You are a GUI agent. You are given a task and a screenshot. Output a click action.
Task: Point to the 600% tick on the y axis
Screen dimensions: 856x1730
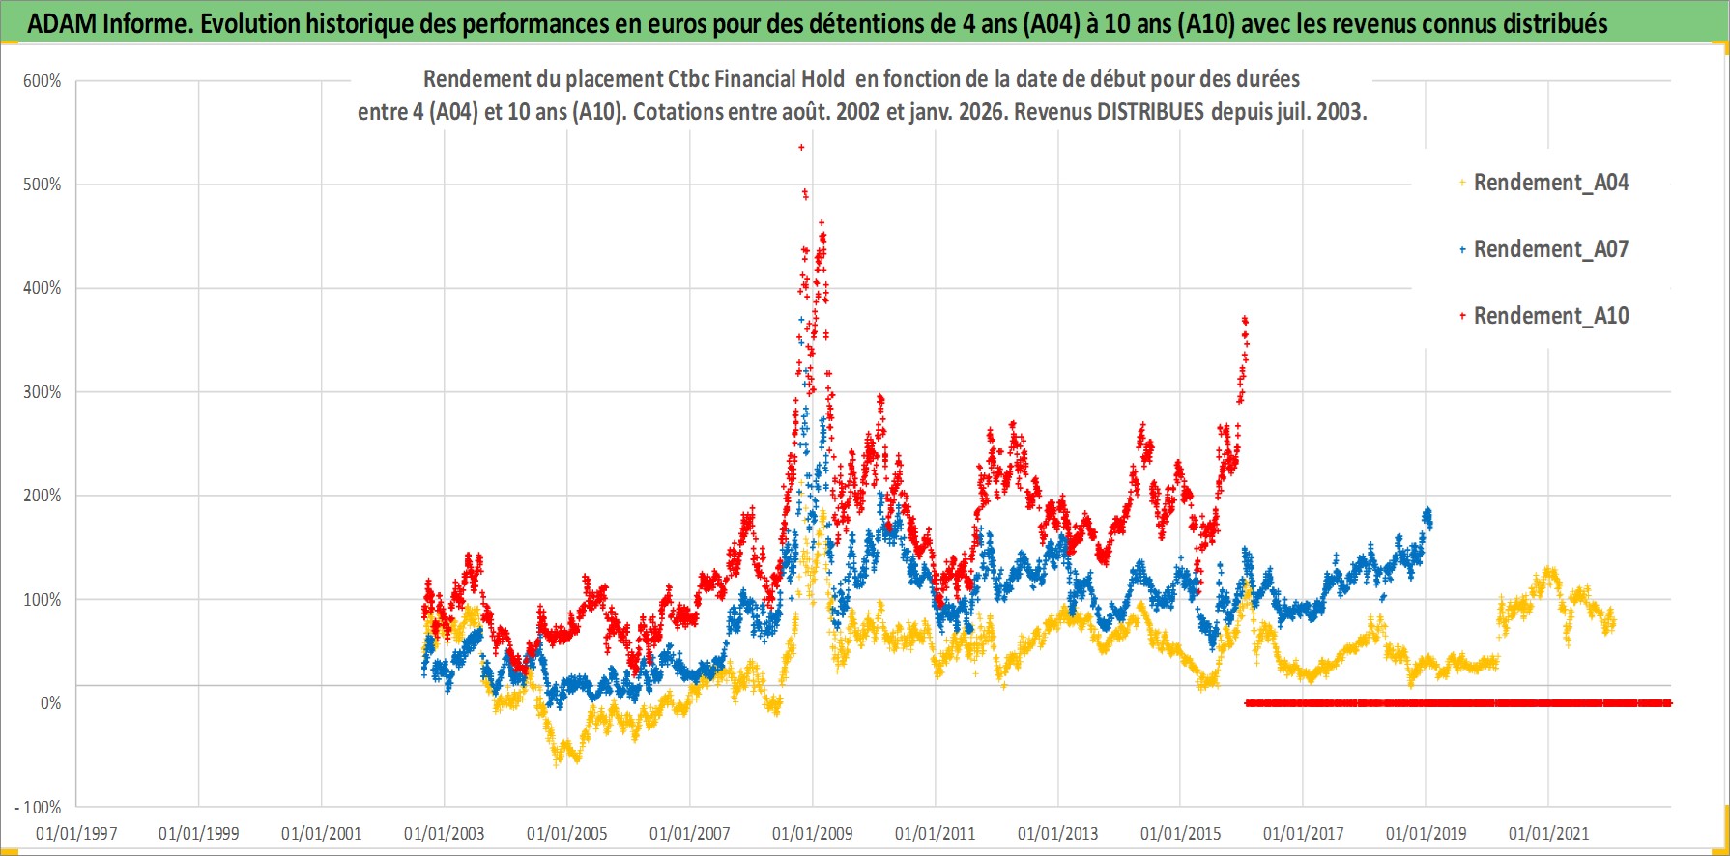pyautogui.click(x=42, y=81)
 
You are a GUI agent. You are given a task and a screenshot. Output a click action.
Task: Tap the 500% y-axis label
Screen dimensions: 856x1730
pyautogui.click(x=42, y=185)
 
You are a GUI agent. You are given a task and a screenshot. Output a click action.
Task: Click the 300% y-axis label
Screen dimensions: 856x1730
pyautogui.click(x=42, y=392)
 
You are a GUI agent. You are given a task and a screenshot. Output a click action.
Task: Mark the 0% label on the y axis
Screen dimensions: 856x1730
pyautogui.click(x=50, y=703)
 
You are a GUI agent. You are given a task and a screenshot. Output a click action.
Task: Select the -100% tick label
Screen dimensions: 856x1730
pyautogui.click(x=38, y=808)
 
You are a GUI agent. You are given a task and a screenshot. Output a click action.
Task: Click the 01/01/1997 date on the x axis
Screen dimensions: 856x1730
pyautogui.click(x=76, y=834)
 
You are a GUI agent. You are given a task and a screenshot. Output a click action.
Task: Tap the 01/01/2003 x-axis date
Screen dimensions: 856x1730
pyautogui.click(x=445, y=834)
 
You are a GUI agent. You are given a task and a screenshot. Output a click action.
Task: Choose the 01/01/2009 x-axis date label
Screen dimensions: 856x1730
pyautogui.click(x=813, y=834)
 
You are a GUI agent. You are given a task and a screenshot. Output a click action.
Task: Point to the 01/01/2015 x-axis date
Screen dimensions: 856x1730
pyautogui.click(x=1181, y=834)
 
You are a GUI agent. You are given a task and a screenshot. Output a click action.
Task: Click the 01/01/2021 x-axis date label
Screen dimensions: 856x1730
pyautogui.click(x=1549, y=834)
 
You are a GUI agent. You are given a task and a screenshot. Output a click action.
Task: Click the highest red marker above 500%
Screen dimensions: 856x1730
pyautogui.click(x=801, y=147)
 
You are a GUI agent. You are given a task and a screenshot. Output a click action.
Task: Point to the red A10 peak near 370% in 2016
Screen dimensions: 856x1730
pyautogui.click(x=1245, y=320)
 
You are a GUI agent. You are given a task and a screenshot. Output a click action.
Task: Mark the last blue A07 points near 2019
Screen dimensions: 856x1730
pyautogui.click(x=1427, y=516)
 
